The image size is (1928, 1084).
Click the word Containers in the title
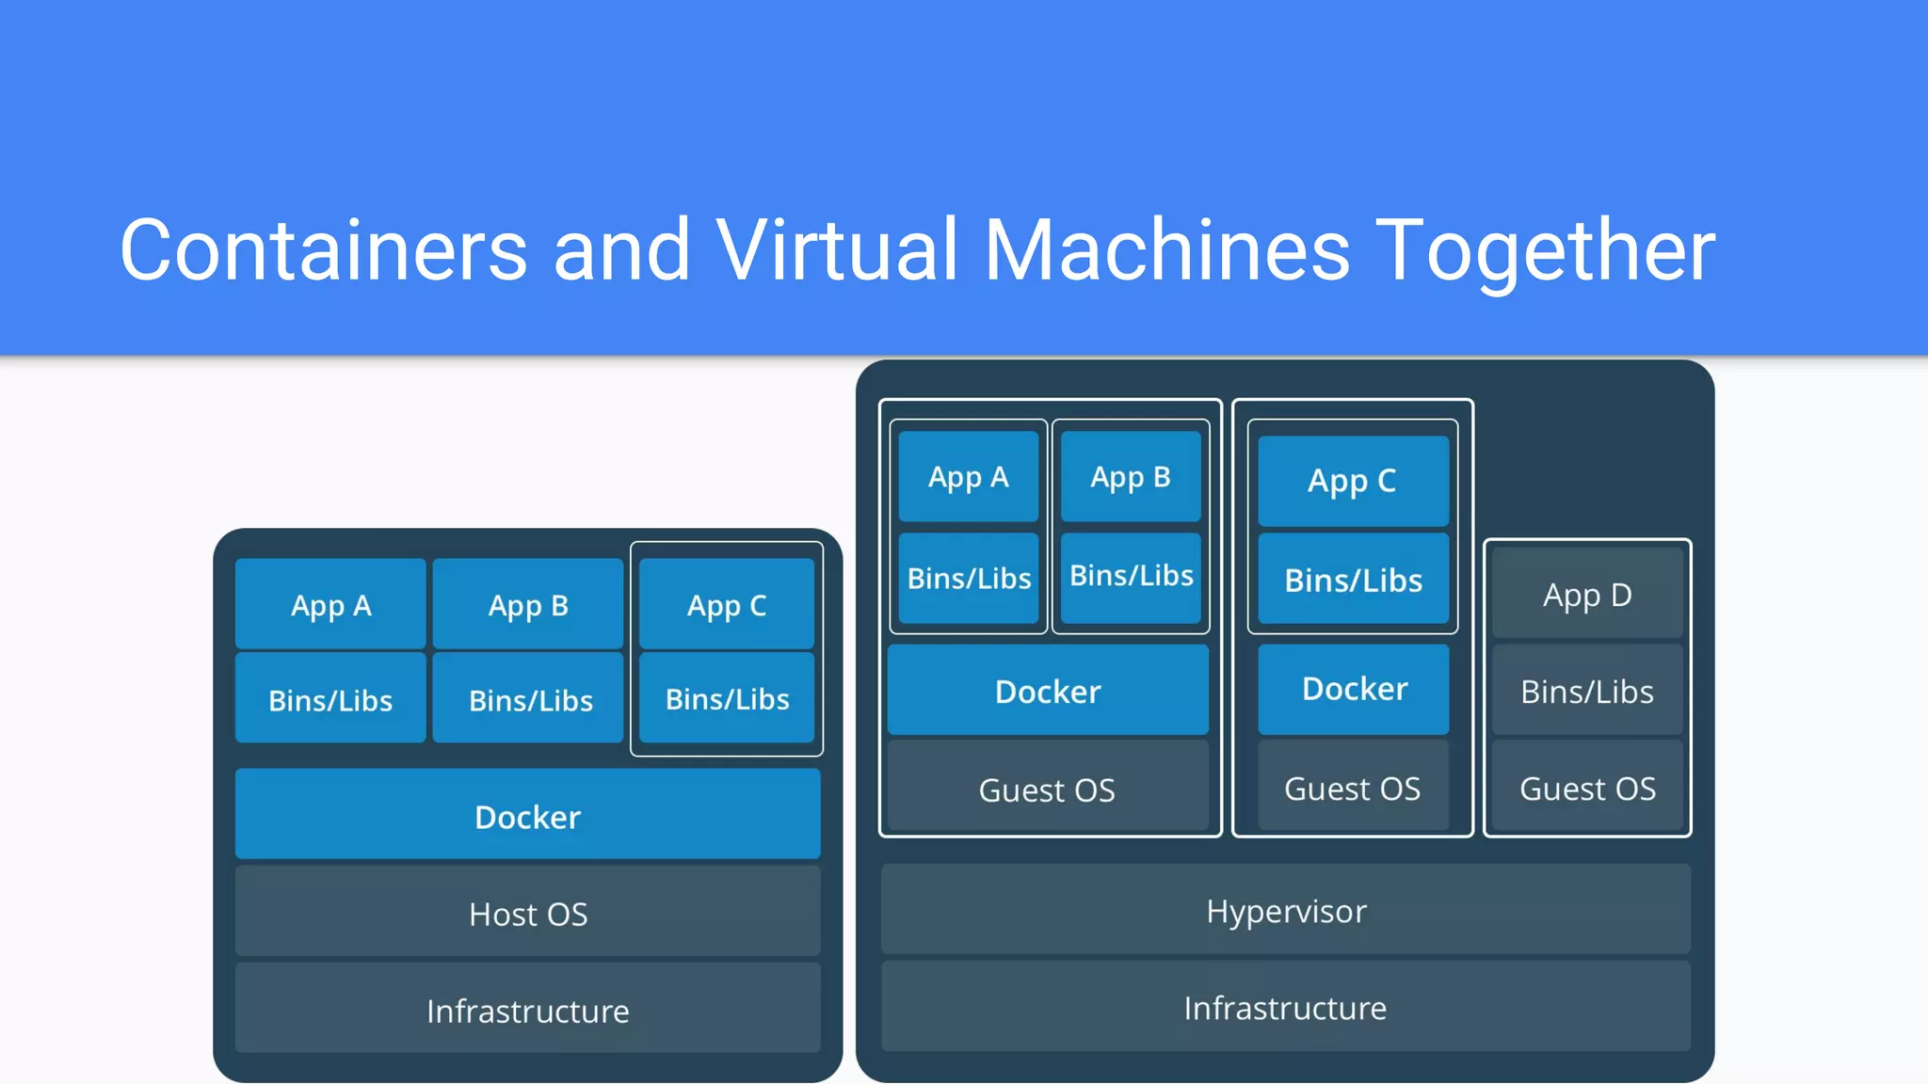coord(323,250)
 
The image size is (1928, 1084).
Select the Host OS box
coord(527,913)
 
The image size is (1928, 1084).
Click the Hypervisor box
coord(1285,910)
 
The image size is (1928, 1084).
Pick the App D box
coord(1586,595)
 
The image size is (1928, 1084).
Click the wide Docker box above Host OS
coord(527,815)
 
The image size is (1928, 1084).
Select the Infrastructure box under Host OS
coord(527,1009)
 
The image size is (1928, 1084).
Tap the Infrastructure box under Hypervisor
coord(1285,1007)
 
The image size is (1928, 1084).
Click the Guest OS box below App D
coord(1586,788)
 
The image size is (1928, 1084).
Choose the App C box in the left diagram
coord(726,604)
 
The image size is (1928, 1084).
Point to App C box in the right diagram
coord(1352,480)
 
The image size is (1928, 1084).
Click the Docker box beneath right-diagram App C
coord(1354,689)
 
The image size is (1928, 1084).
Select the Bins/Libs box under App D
coord(1586,691)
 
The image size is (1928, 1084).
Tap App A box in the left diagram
coord(330,604)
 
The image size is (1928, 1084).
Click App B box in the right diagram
coord(1130,476)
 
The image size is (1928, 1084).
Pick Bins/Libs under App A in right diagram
coord(969,577)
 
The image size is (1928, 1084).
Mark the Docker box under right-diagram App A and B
coord(1047,691)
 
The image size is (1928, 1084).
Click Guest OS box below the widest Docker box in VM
coord(1047,789)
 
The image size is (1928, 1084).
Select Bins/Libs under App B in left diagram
coord(529,699)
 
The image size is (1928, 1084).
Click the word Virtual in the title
coord(836,250)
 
